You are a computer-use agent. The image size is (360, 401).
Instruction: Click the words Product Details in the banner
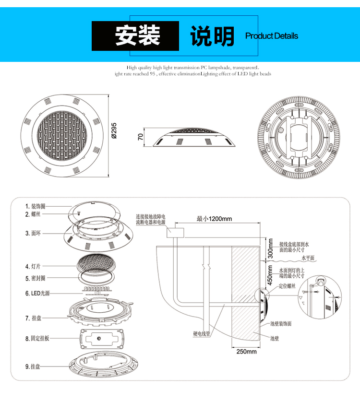[x=271, y=36]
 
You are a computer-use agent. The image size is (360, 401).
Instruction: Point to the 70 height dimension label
[x=140, y=137]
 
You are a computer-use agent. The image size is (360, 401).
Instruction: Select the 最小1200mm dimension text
[x=214, y=219]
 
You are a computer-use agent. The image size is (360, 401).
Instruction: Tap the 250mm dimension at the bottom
[x=246, y=352]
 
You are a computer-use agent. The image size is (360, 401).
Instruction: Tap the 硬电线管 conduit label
[x=202, y=333]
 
